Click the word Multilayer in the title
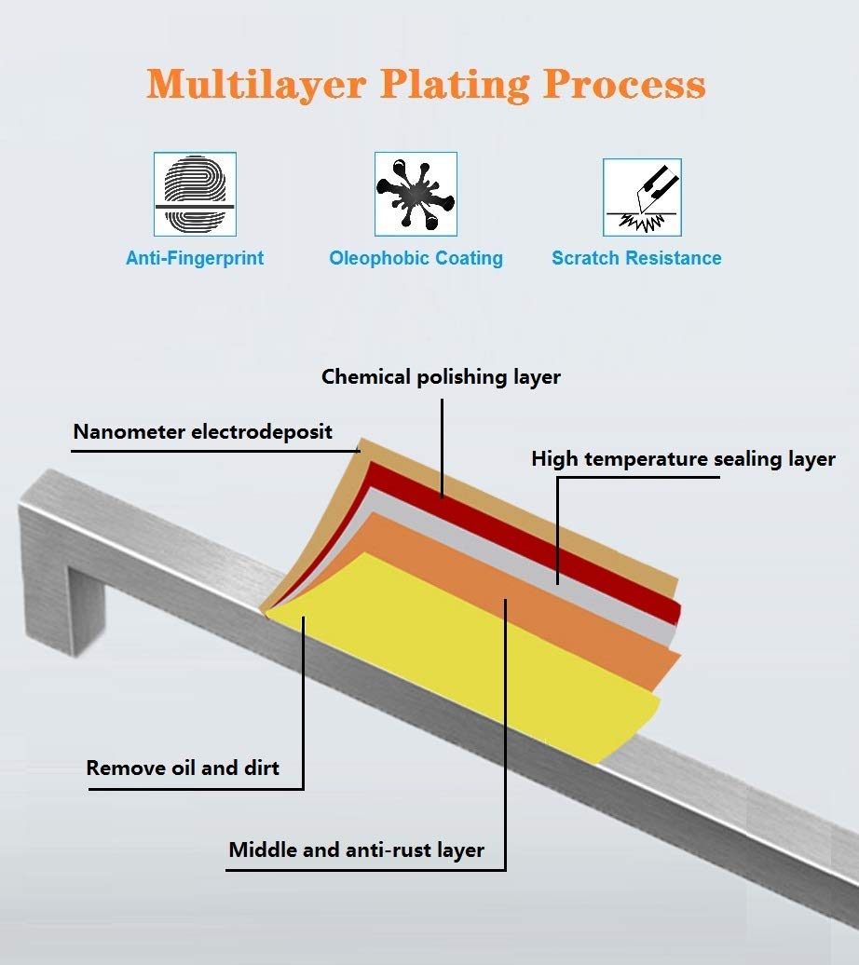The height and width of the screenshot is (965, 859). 256,85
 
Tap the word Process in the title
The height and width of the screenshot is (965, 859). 624,85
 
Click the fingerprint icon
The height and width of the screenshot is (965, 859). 195,194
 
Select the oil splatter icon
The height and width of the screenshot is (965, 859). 416,194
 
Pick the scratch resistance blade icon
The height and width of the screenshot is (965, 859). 642,197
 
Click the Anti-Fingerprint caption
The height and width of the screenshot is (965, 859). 195,258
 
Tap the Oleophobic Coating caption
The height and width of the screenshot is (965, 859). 416,258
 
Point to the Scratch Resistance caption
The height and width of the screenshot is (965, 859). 636,258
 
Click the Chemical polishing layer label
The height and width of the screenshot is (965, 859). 441,376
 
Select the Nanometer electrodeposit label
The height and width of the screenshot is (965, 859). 202,431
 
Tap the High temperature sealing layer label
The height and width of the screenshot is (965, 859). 684,459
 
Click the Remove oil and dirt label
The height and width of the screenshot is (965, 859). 183,768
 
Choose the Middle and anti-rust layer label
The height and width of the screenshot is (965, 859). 356,849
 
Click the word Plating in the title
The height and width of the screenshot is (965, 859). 455,85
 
